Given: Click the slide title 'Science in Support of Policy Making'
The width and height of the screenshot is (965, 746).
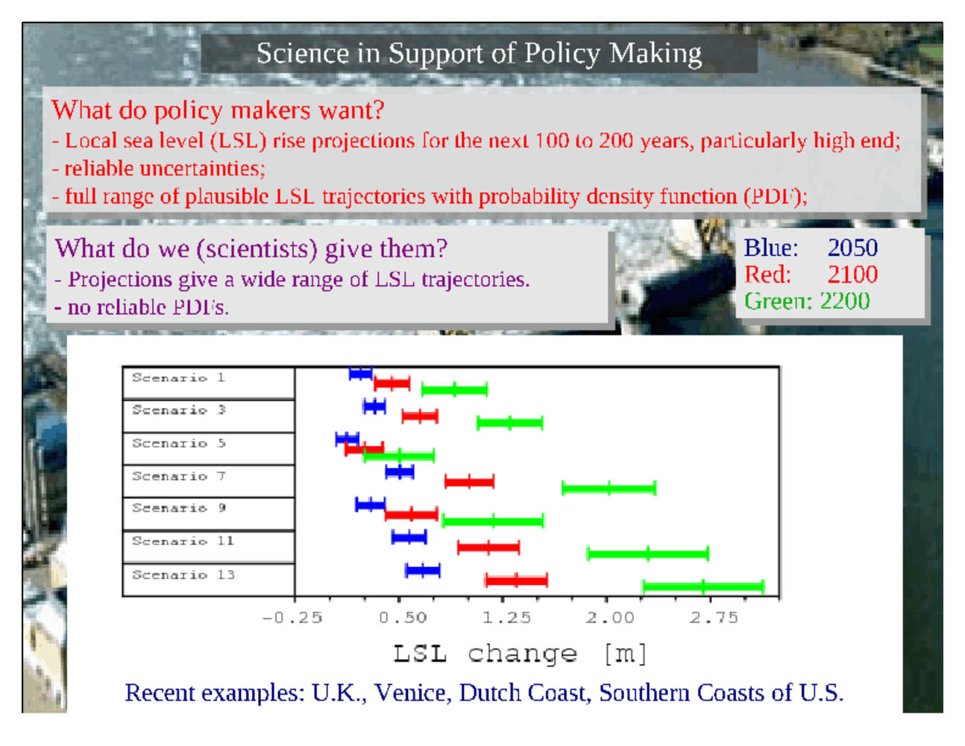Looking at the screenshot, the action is [479, 54].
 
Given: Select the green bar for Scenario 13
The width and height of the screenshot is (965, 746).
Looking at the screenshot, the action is [703, 586].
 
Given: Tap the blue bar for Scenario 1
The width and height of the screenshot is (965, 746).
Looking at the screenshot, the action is [361, 373].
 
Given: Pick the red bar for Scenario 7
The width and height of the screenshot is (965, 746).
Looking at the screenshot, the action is [469, 482].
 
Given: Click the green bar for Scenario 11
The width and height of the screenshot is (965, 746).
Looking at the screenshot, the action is [648, 554].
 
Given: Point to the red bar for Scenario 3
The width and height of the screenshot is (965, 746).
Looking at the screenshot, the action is [420, 416].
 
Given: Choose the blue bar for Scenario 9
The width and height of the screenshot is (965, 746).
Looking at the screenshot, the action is [370, 504].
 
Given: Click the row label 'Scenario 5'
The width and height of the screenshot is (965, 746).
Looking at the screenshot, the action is [179, 443].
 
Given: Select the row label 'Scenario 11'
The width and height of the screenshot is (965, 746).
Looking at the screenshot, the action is [183, 541].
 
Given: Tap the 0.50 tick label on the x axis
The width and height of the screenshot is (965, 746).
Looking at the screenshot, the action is [403, 618].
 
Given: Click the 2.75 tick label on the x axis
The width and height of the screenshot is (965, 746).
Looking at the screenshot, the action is [714, 618].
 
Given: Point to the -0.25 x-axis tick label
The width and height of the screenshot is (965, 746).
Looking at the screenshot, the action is [292, 618].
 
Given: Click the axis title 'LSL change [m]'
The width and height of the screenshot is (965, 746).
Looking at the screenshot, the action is [520, 654].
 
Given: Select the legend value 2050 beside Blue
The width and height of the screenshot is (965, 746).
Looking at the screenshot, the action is [852, 248].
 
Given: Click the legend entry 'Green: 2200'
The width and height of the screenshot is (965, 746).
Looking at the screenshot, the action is [807, 301].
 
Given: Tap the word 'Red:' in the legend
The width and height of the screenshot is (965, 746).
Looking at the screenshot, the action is [768, 275].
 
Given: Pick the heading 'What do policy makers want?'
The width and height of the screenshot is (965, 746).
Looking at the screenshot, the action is [218, 110].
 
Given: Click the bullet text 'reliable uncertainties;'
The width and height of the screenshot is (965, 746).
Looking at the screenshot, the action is [166, 169].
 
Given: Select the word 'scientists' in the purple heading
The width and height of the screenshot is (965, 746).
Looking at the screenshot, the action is [257, 248].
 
